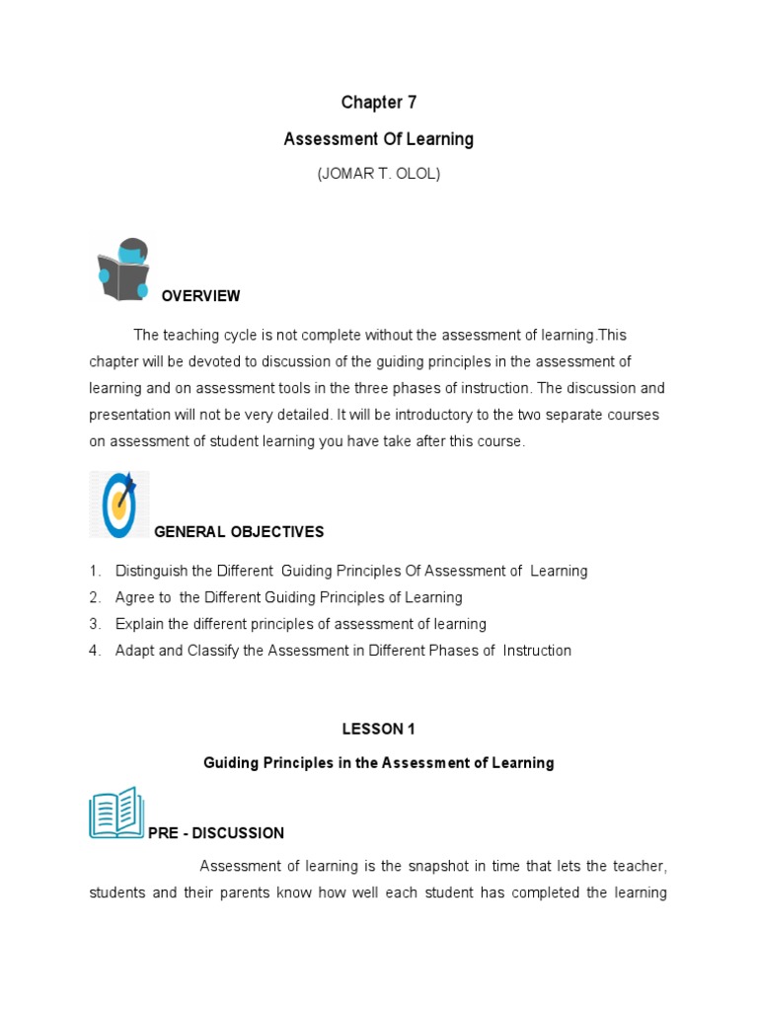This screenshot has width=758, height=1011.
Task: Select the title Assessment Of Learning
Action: [379, 139]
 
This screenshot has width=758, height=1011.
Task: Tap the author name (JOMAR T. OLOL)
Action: [379, 174]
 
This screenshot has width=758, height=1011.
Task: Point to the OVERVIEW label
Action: [200, 296]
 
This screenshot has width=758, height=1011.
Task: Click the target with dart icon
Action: [120, 504]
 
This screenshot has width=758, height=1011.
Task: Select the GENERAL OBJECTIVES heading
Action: [239, 532]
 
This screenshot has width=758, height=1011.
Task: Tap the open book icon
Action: [116, 813]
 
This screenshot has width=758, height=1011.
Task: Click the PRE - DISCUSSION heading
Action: [216, 833]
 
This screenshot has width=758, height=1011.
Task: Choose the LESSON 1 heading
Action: [379, 730]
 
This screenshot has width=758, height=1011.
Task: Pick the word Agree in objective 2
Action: [134, 597]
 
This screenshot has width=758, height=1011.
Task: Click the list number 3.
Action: [94, 624]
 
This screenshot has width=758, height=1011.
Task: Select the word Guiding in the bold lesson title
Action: [230, 763]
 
